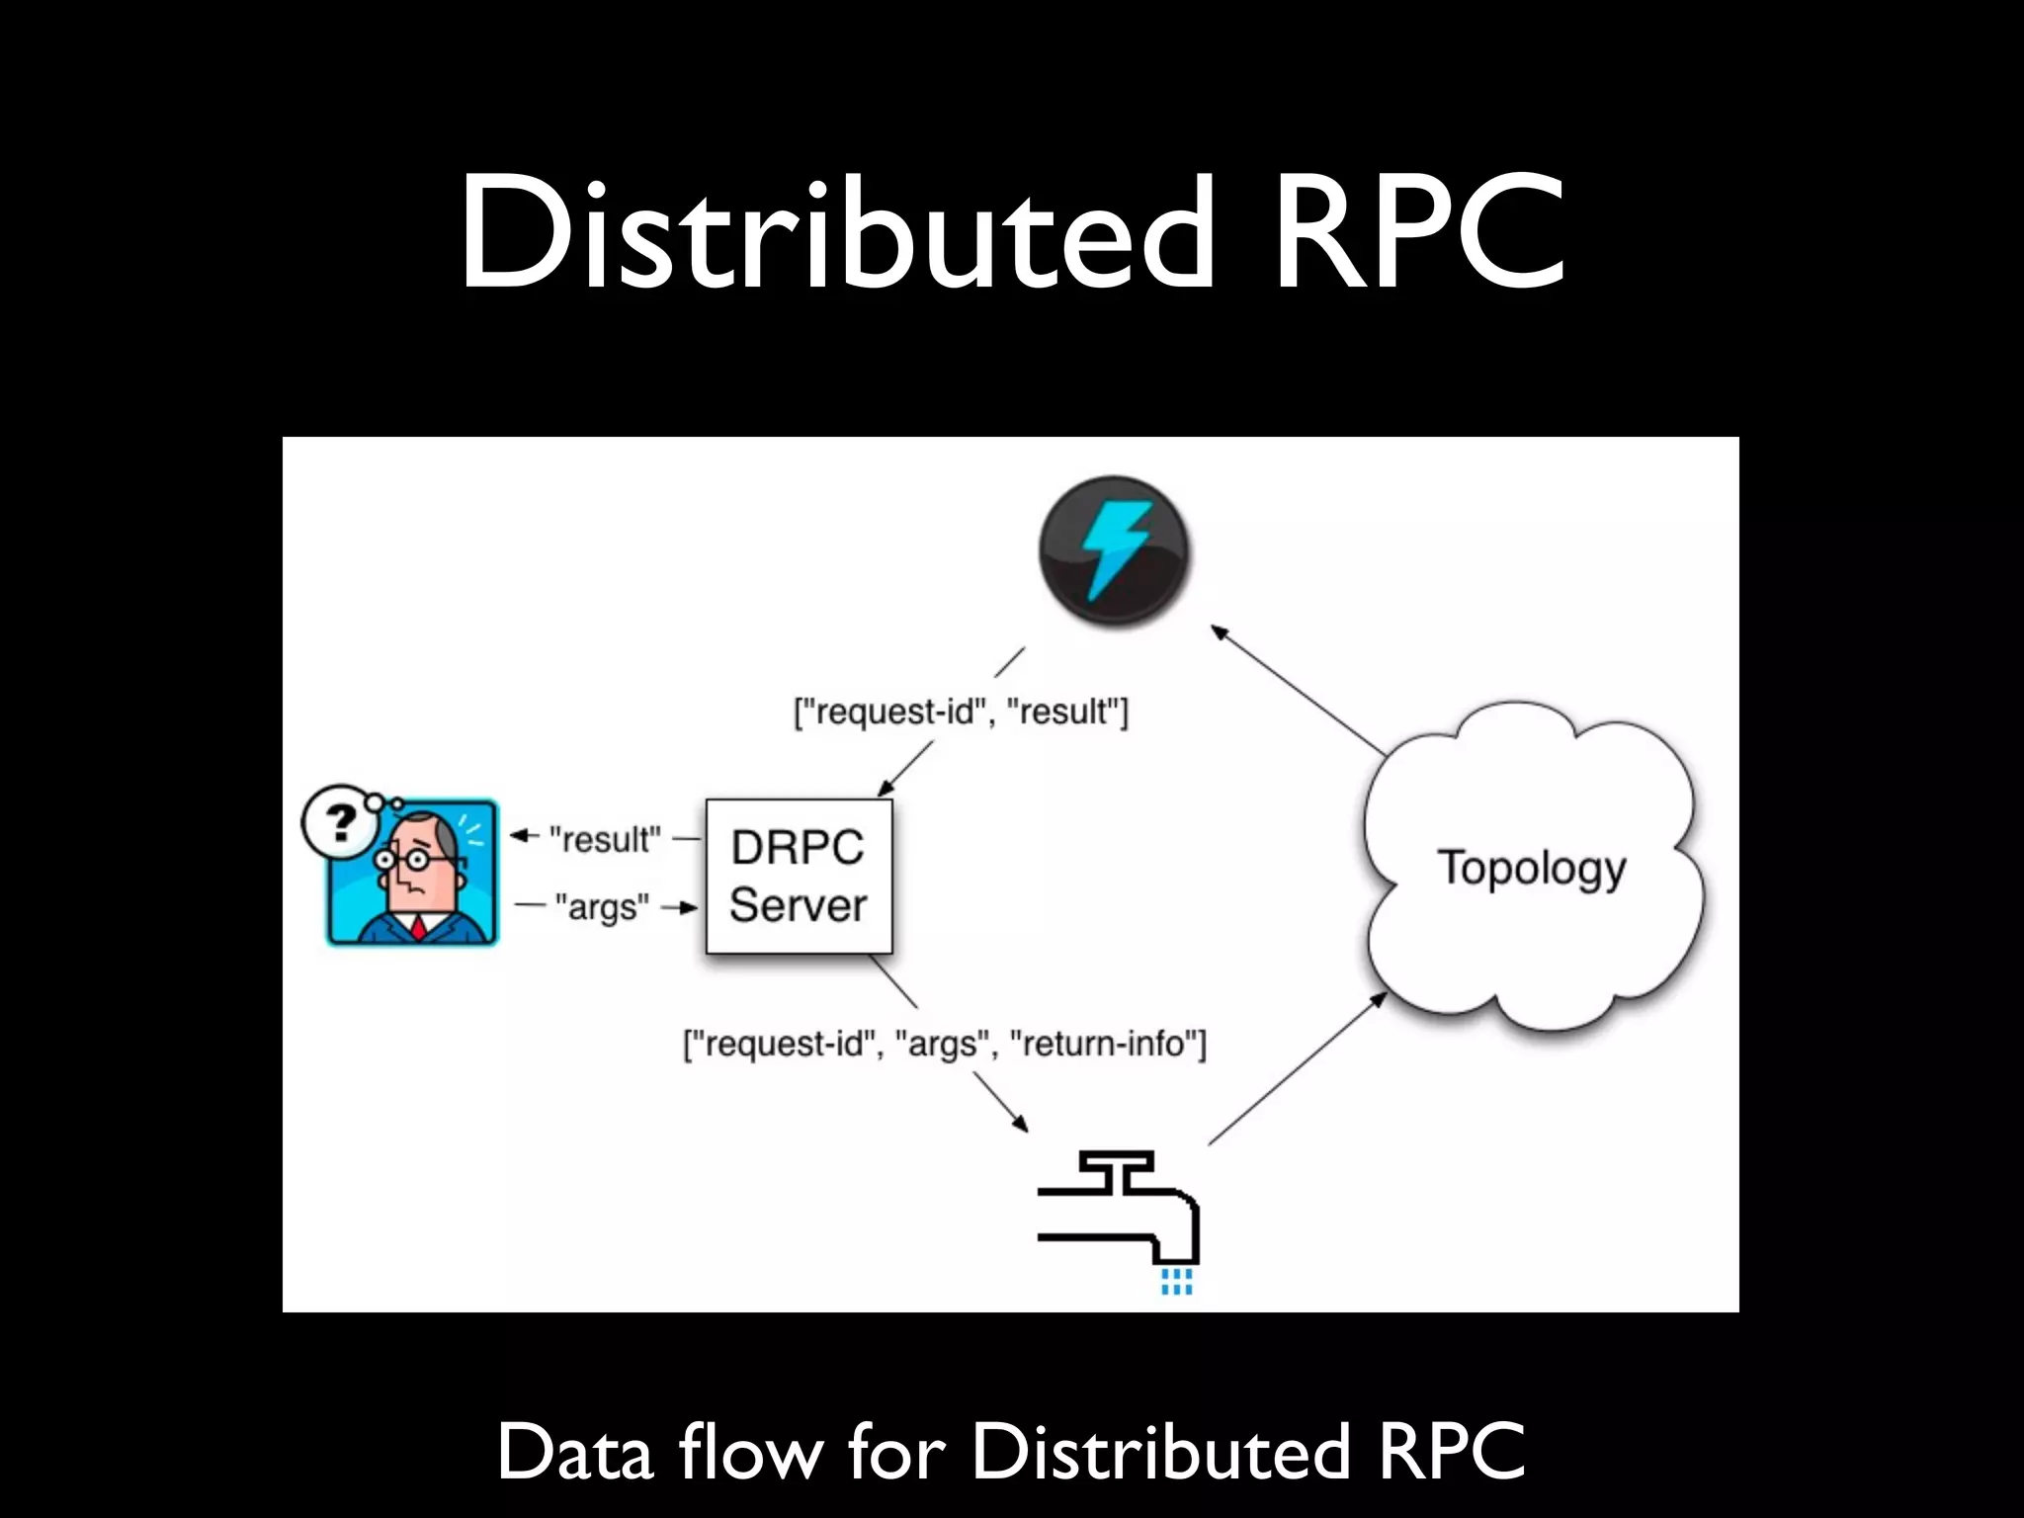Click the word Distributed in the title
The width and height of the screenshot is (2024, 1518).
click(836, 232)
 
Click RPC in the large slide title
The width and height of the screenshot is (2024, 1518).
click(1418, 232)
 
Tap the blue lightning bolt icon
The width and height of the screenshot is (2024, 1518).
click(1114, 549)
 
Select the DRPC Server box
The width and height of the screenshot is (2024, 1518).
click(799, 877)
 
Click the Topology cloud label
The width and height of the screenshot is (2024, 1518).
click(1531, 868)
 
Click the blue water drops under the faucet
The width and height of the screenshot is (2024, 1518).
click(1176, 1283)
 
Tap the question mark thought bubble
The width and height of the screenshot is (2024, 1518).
click(341, 821)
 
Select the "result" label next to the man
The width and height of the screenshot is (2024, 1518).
click(605, 840)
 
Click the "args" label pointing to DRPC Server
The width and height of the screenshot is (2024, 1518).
click(602, 906)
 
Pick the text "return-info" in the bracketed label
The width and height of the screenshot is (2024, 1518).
click(1104, 1044)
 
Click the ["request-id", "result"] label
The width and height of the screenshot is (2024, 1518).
click(961, 712)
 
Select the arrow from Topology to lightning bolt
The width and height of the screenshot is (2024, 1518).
click(1297, 690)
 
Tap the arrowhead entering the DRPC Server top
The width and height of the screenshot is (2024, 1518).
click(885, 789)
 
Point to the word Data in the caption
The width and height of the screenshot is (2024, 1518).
click(575, 1453)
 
